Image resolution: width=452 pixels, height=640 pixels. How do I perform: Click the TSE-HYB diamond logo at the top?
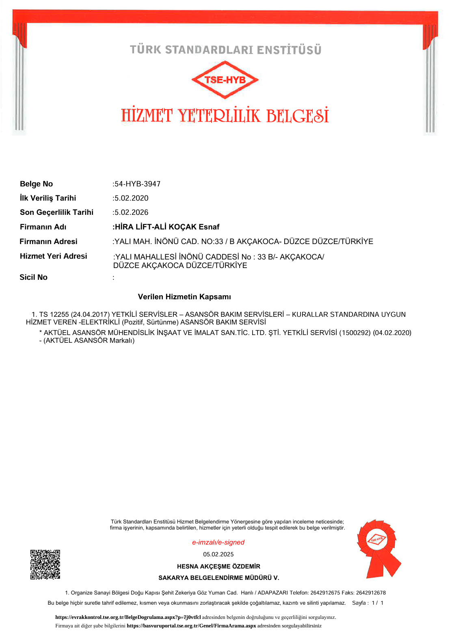tap(225, 80)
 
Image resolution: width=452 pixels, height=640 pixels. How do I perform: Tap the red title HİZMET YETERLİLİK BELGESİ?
tap(225, 116)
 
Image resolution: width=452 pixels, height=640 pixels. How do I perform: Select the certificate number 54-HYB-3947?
tap(137, 184)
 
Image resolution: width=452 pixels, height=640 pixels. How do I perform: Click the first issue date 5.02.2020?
tap(131, 198)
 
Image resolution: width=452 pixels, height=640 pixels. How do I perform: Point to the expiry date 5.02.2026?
tap(131, 212)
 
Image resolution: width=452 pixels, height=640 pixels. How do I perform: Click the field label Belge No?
tap(36, 184)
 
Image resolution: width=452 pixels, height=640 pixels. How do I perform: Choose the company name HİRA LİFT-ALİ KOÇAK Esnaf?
tap(167, 227)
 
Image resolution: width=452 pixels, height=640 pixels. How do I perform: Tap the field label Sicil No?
tap(33, 277)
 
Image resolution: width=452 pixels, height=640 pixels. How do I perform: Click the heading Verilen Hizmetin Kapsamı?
tap(184, 297)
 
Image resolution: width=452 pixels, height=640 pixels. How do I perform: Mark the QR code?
tap(45, 564)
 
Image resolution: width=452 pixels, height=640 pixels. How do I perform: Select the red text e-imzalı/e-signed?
tap(218, 543)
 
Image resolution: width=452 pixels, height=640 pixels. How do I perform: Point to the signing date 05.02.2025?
tap(218, 554)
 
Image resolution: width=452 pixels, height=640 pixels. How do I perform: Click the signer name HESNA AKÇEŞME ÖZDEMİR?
tap(218, 566)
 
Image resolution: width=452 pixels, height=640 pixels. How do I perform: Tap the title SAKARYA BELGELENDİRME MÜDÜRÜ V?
tap(218, 578)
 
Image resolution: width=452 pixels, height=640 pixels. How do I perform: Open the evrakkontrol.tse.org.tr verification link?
tap(128, 617)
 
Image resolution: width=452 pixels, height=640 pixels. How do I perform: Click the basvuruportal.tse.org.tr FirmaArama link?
tap(191, 626)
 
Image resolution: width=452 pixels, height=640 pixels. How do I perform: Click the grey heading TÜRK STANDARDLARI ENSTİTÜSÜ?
tap(225, 50)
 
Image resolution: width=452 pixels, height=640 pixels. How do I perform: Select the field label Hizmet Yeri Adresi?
tap(53, 256)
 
